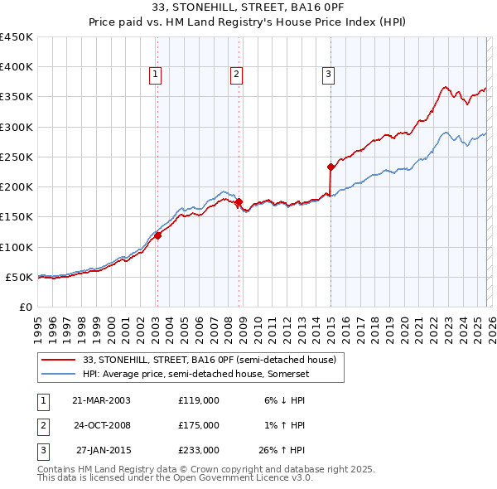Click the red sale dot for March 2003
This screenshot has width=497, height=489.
[157, 235]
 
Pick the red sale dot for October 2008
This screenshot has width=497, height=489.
[239, 201]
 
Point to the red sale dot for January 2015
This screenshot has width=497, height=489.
[331, 167]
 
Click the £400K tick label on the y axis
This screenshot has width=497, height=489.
[17, 67]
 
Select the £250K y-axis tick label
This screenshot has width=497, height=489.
[17, 157]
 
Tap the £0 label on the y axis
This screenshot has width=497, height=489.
[25, 307]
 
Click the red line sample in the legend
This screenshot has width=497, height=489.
[60, 361]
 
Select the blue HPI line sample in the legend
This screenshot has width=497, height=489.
[60, 374]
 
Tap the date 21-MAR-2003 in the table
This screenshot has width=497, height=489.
[101, 400]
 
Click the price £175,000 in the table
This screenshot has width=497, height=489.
[199, 425]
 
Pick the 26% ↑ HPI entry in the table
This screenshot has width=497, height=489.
[283, 450]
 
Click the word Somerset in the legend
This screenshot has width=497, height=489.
[291, 374]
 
